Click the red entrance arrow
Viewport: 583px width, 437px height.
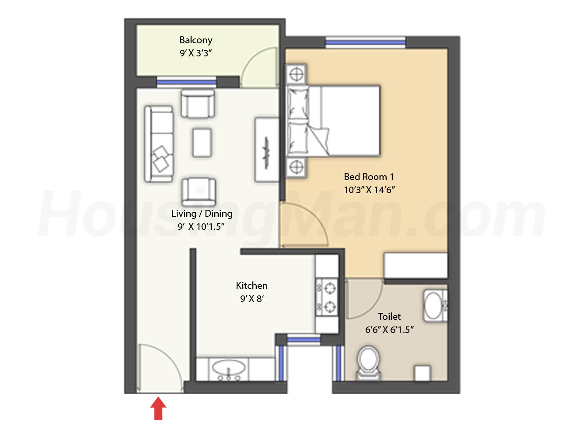(x=158, y=408)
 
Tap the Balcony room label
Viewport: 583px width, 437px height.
(x=196, y=40)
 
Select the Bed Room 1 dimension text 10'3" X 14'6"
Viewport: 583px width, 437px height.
(x=369, y=190)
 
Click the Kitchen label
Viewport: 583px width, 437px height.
(x=251, y=285)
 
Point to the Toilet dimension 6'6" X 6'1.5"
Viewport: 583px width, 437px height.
(x=389, y=329)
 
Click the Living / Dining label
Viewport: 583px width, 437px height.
(x=202, y=214)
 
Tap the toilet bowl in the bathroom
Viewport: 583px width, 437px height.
(x=368, y=363)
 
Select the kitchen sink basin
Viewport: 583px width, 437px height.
(x=229, y=368)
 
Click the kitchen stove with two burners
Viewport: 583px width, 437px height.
(x=327, y=297)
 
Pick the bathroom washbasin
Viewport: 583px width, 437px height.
(x=435, y=305)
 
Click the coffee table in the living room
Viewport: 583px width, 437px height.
(x=202, y=143)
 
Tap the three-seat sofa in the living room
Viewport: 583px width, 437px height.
(x=159, y=144)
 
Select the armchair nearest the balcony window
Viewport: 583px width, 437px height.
(x=198, y=104)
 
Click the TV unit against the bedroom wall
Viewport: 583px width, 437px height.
(x=266, y=149)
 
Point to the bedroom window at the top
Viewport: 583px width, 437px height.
(x=366, y=42)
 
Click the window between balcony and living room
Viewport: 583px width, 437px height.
(x=186, y=82)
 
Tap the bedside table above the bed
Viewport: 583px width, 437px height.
(x=297, y=74)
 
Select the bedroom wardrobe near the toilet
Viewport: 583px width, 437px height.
(x=415, y=266)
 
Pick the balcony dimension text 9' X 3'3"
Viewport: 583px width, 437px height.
(x=196, y=53)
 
